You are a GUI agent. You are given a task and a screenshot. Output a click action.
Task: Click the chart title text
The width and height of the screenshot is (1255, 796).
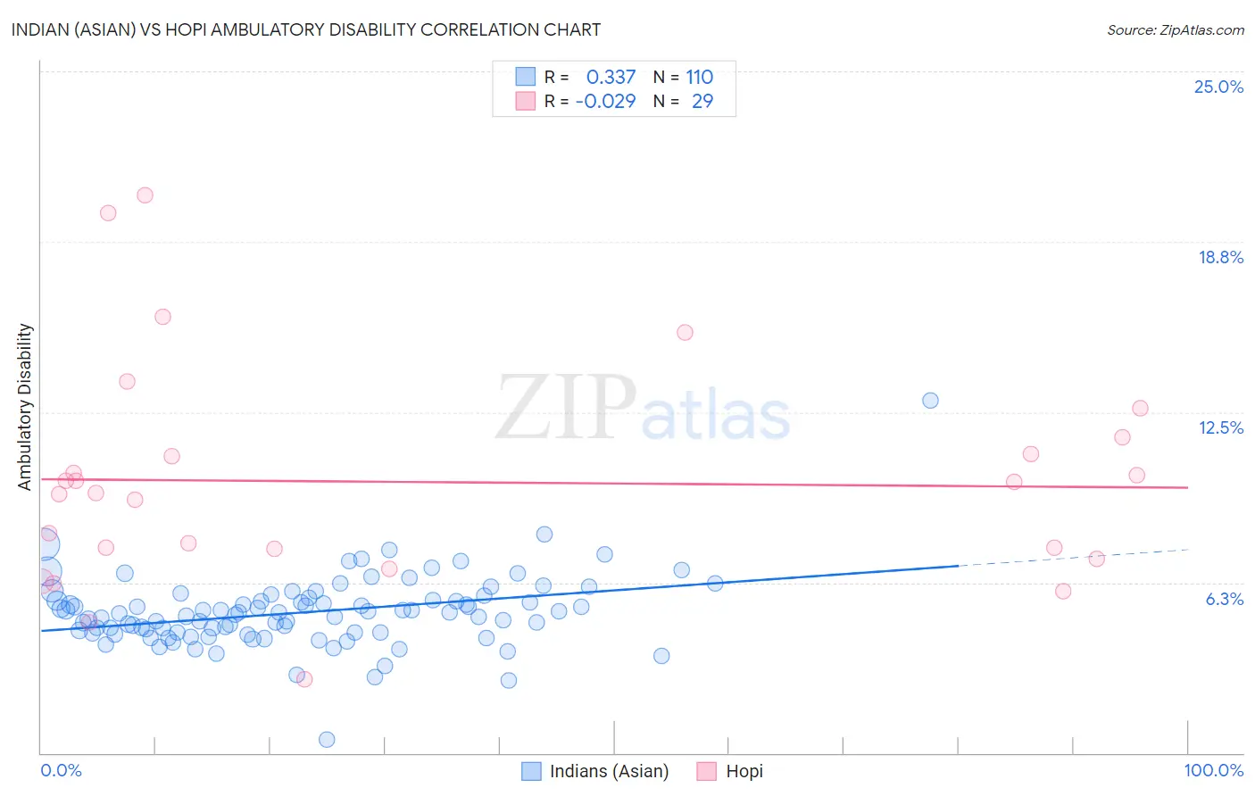(x=306, y=29)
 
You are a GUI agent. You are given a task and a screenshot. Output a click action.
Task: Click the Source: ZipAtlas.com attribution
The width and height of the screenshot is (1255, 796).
(x=1175, y=29)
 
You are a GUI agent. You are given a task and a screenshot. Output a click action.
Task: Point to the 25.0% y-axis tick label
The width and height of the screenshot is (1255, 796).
(x=1218, y=87)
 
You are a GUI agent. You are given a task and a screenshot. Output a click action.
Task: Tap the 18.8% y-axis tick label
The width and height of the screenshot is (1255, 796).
(x=1220, y=257)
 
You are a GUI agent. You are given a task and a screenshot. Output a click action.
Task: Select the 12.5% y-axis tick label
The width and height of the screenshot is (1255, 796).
(x=1220, y=427)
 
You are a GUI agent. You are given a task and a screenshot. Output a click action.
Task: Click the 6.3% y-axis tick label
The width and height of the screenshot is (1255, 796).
(x=1224, y=599)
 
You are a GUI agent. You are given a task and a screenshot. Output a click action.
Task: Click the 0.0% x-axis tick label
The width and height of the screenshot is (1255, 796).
(x=61, y=770)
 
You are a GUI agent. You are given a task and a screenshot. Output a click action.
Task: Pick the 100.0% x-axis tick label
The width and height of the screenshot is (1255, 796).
(x=1213, y=770)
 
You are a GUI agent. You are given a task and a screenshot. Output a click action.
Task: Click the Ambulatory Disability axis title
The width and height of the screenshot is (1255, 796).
(x=25, y=407)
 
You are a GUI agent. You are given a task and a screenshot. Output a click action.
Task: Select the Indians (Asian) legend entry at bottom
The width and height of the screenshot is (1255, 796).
(x=595, y=771)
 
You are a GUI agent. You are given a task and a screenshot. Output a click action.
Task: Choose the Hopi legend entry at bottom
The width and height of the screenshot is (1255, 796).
(x=730, y=771)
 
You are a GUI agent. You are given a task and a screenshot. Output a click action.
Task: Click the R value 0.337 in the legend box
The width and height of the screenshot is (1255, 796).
(x=611, y=78)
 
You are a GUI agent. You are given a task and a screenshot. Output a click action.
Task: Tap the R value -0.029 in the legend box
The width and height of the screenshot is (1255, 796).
(x=605, y=102)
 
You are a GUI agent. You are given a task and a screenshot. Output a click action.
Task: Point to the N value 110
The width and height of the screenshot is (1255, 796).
(x=699, y=78)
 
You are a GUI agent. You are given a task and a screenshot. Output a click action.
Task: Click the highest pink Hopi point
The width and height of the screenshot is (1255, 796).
(x=145, y=195)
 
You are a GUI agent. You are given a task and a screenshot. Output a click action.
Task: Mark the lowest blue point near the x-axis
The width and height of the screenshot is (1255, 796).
(x=327, y=739)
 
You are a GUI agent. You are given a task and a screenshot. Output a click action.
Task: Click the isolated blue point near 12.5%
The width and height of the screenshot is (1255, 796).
(x=930, y=401)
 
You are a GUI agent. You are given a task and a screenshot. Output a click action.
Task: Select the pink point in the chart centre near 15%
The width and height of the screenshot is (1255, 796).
(x=685, y=333)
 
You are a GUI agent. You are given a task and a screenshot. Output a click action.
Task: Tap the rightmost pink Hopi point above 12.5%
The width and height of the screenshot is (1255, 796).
(x=1140, y=409)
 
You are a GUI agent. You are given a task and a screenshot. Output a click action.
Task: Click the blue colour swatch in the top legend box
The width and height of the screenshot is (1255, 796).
(x=526, y=77)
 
